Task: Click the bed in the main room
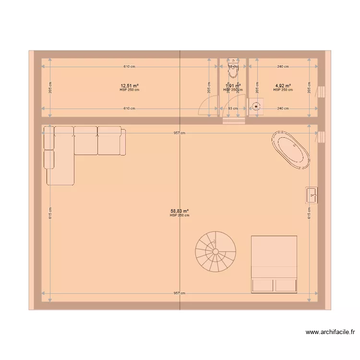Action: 274,264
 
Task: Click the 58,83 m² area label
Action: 180,211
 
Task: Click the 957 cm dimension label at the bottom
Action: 180,293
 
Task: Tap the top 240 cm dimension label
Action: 283,67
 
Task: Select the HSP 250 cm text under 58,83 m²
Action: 180,216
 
